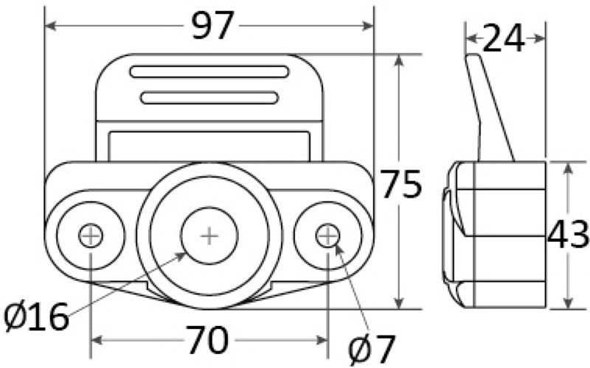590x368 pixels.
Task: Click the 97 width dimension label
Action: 212,27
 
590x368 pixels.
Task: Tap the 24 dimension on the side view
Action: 504,38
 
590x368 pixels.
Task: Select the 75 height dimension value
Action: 401,184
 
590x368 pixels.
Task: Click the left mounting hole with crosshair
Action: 91,236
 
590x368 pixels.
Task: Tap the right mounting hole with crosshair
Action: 327,236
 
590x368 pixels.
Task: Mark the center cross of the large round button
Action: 209,236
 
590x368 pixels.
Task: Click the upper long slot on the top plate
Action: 209,72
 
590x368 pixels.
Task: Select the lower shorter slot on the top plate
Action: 209,97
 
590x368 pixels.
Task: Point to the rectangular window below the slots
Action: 209,145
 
